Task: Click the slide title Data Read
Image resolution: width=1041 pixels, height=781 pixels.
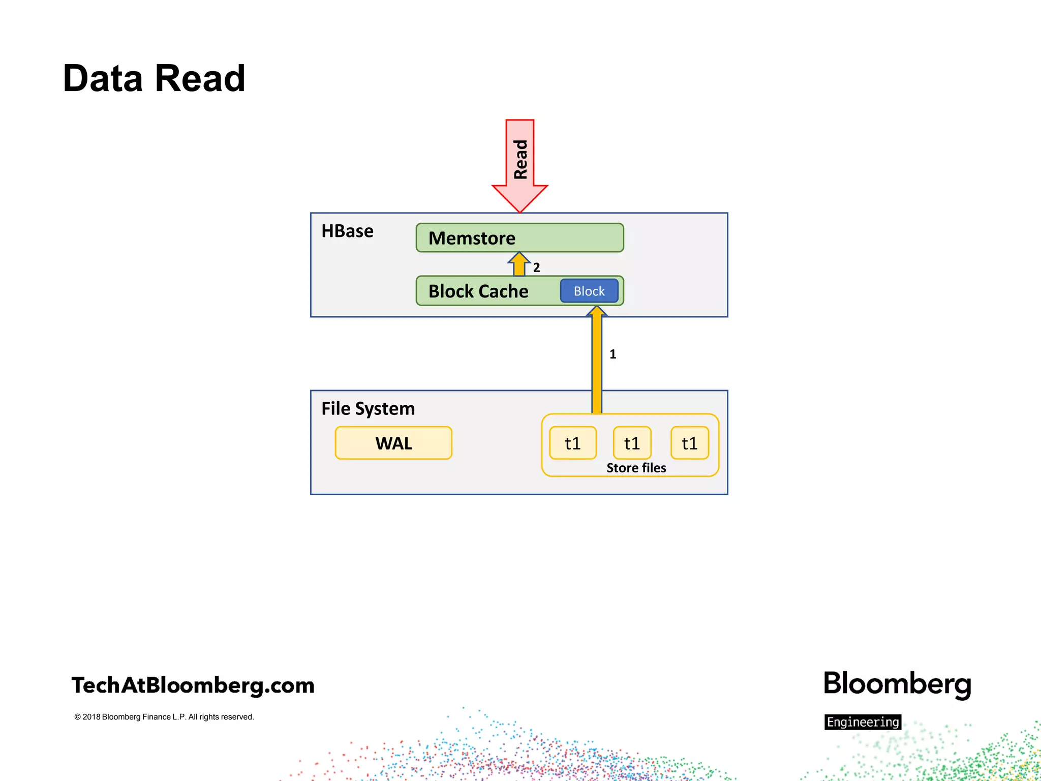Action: (x=154, y=79)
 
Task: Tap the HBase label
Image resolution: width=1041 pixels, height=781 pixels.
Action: (x=347, y=231)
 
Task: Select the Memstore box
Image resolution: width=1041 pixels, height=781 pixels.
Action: (x=519, y=238)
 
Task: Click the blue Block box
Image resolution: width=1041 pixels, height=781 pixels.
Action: (x=589, y=291)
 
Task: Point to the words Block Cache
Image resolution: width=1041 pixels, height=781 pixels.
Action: (x=478, y=291)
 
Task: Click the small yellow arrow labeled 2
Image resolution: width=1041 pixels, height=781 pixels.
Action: (x=519, y=264)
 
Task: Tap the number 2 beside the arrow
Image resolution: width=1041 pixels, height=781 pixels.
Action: (x=536, y=267)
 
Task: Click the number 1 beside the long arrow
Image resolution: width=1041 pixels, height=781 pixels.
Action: (x=613, y=354)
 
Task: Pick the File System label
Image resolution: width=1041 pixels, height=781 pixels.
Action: (x=368, y=409)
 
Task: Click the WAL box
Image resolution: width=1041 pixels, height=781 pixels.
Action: (x=393, y=443)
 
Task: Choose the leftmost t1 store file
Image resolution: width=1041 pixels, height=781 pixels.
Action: (x=573, y=443)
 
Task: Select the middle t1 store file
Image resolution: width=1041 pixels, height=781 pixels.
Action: (x=632, y=443)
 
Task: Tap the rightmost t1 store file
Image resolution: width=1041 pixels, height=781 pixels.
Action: (x=690, y=443)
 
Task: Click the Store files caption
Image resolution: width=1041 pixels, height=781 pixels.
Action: (x=636, y=468)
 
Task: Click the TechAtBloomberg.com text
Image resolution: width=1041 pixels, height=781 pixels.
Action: (x=193, y=685)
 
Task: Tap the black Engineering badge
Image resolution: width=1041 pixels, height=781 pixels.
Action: (x=863, y=722)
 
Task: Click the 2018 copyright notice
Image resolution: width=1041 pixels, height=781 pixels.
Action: (x=164, y=717)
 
